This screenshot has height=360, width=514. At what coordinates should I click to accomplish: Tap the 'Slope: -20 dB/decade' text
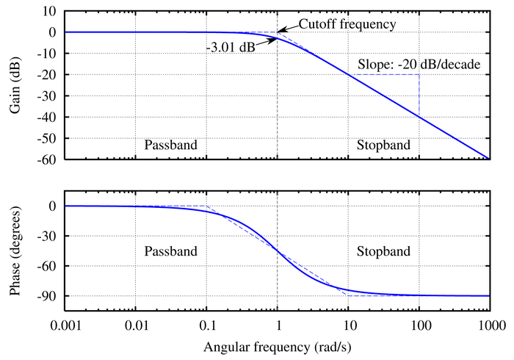419,65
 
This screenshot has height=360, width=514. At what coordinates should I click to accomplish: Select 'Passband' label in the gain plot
170,144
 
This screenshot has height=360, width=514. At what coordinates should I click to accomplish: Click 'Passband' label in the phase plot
170,251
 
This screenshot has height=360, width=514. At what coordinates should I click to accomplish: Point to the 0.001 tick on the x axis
65,324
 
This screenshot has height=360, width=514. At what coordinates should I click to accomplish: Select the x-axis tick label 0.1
206,324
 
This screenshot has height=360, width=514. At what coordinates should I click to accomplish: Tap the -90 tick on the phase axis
48,296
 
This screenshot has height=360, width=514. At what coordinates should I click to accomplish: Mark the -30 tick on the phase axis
48,237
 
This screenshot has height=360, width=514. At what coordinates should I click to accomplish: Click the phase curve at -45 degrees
277,251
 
